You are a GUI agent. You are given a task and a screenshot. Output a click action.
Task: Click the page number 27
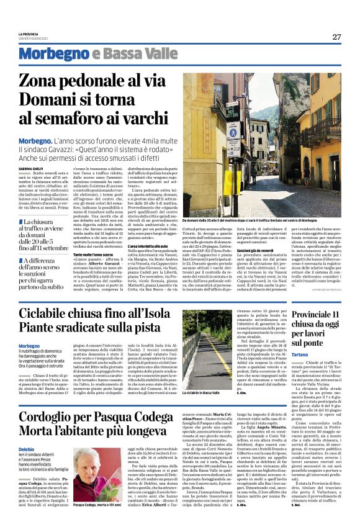pyautogui.click(x=336, y=37)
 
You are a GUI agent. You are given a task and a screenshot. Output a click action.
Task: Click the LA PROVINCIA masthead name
pyautogui.click(x=30, y=35)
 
